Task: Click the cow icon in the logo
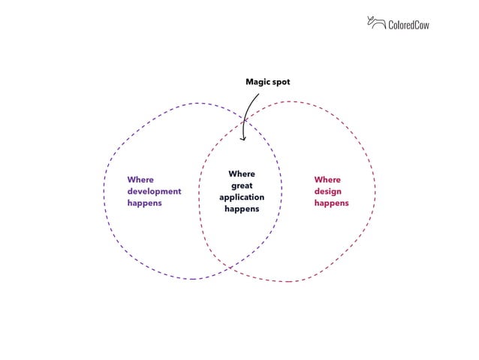375,23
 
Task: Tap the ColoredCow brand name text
408,25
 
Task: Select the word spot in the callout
281,81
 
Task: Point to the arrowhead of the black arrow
243,138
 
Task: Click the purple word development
154,191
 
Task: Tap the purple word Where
140,180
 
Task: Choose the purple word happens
144,203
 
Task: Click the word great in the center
242,186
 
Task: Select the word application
242,197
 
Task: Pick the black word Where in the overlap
242,174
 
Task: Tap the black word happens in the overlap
242,208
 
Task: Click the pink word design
328,191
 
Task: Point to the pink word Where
327,180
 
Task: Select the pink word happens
331,203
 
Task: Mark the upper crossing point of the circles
245,119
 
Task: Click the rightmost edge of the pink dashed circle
376,192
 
